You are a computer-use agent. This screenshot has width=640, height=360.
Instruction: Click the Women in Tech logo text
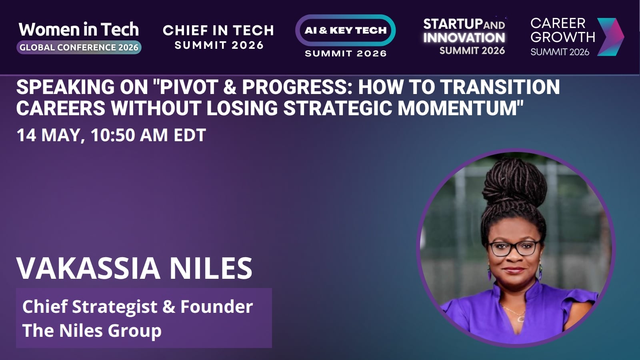click(x=79, y=30)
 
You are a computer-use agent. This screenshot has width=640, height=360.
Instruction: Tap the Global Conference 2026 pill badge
click(x=79, y=48)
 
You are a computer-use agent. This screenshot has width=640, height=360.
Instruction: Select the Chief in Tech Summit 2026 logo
click(x=218, y=37)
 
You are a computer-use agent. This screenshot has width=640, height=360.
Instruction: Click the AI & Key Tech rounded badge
click(x=346, y=30)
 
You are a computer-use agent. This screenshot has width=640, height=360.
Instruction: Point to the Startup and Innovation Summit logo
click(x=464, y=36)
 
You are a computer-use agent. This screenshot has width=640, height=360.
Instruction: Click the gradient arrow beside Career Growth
click(x=610, y=37)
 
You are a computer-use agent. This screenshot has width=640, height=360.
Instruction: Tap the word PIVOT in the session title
click(x=189, y=87)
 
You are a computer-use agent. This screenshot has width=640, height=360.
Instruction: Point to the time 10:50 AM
click(x=130, y=135)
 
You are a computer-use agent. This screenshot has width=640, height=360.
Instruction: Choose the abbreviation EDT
click(x=190, y=135)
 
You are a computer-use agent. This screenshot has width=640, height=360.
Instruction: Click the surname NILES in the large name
click(x=211, y=268)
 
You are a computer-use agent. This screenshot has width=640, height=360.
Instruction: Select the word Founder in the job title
click(x=216, y=306)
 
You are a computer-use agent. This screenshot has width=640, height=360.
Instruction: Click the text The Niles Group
click(x=92, y=330)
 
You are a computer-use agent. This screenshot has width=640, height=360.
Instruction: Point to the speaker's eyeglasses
click(x=514, y=248)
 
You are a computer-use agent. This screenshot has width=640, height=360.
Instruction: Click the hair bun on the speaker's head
click(x=514, y=182)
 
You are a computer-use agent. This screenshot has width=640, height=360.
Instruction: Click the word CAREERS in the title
click(x=61, y=108)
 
